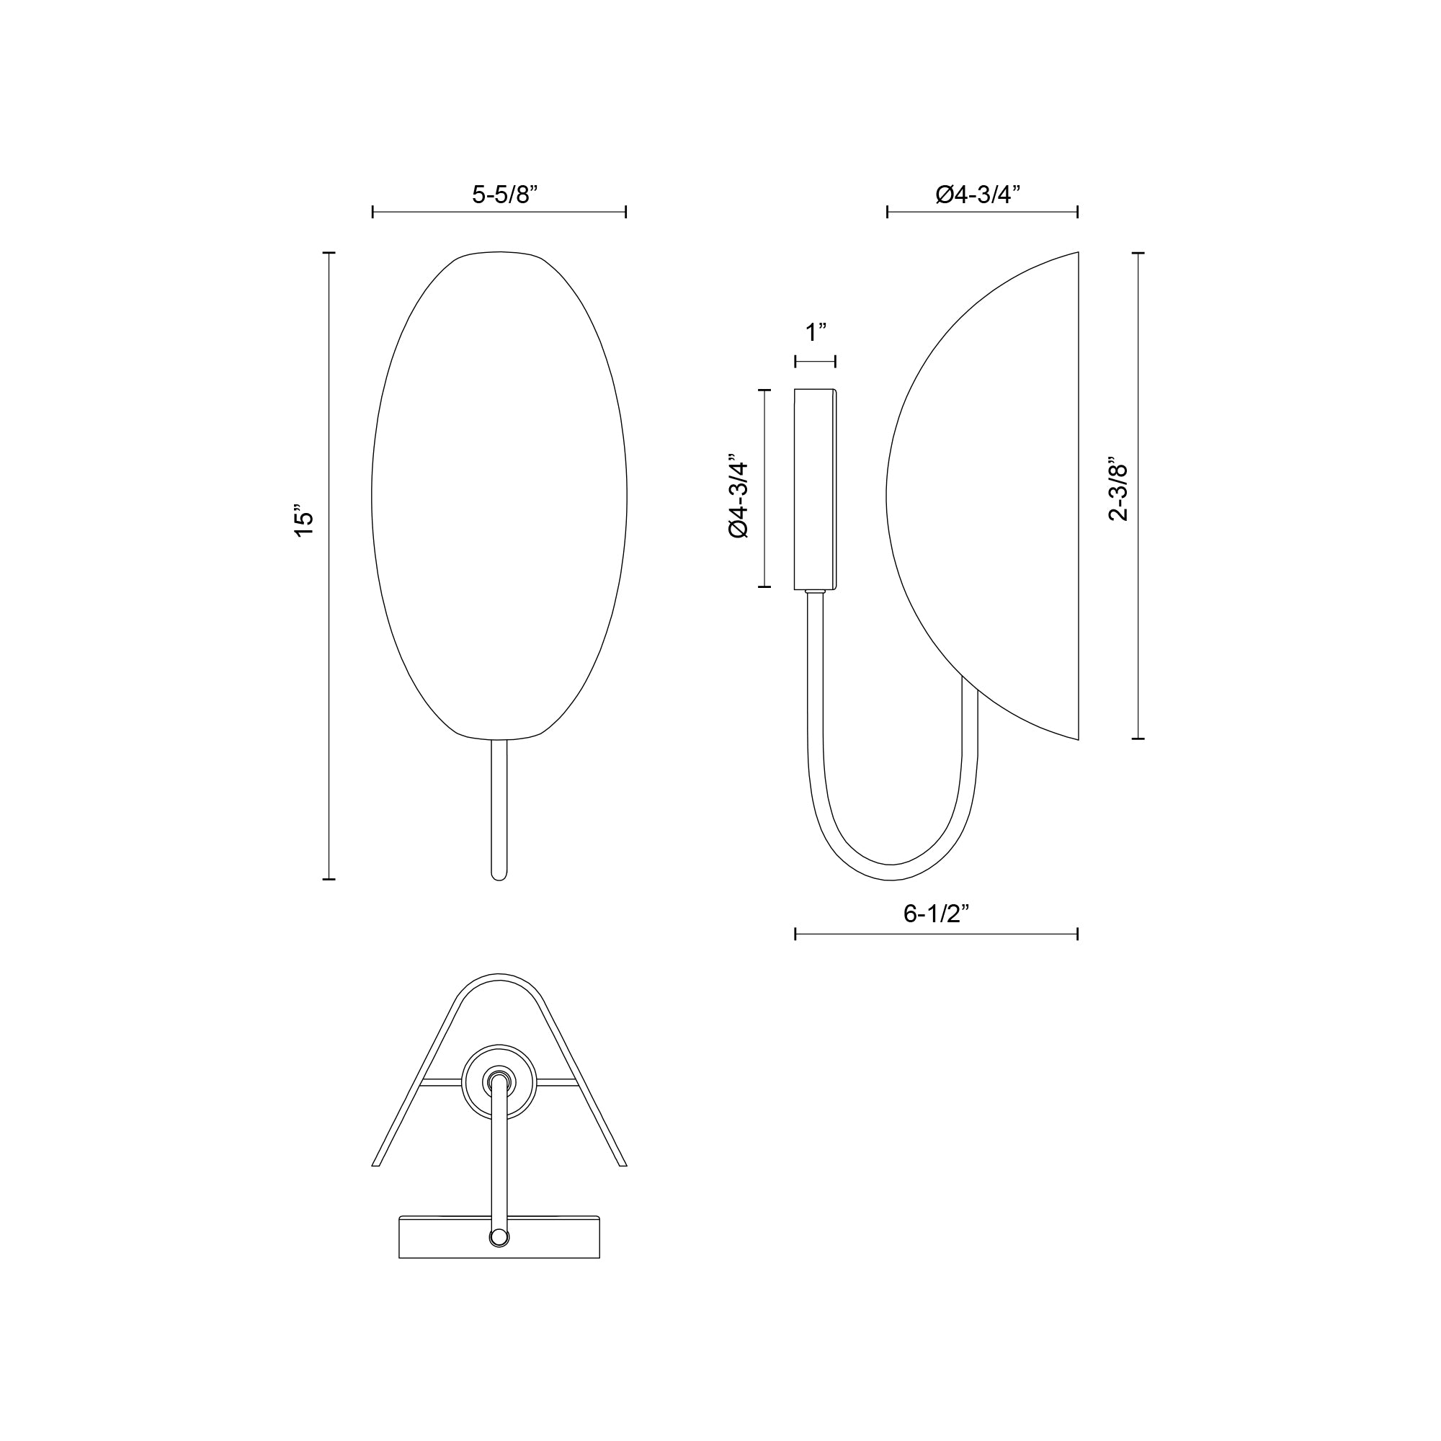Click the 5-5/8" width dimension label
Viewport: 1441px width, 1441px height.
tap(505, 195)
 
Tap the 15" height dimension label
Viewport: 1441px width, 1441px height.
tap(303, 523)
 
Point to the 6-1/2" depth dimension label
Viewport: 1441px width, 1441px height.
tap(936, 914)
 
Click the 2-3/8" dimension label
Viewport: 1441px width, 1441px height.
tap(1119, 488)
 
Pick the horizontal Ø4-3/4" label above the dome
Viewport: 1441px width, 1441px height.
tap(978, 195)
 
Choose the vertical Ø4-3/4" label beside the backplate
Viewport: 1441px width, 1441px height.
tap(739, 495)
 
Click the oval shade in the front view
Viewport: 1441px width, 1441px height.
tap(499, 496)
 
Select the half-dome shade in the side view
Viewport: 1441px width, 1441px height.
tap(992, 496)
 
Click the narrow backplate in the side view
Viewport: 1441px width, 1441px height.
tap(815, 488)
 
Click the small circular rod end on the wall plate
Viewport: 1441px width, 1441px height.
tap(499, 1238)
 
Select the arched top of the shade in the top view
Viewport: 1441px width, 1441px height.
tap(499, 978)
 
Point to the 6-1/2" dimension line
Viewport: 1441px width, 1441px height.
tap(936, 934)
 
